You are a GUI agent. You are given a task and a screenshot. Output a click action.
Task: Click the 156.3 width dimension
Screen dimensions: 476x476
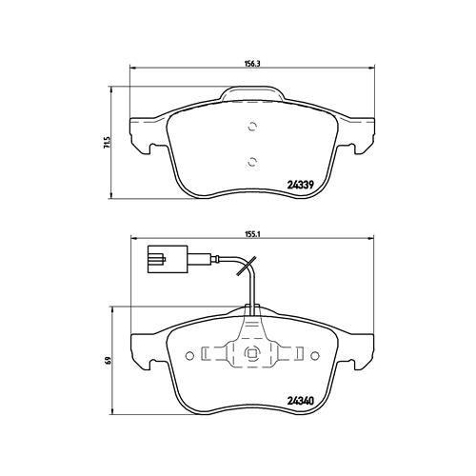252,63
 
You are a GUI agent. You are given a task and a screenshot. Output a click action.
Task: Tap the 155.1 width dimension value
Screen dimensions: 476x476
252,234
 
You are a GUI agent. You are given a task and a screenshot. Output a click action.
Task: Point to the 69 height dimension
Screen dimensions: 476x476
109,361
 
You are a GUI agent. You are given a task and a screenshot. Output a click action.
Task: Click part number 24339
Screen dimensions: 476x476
301,185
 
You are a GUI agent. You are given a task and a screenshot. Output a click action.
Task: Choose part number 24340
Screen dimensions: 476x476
301,401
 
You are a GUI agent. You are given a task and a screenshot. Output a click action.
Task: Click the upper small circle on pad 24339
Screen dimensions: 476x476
251,127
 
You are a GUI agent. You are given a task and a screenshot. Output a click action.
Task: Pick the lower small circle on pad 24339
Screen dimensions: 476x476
251,162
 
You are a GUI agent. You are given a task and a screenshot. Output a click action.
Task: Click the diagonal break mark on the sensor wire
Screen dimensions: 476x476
246,266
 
